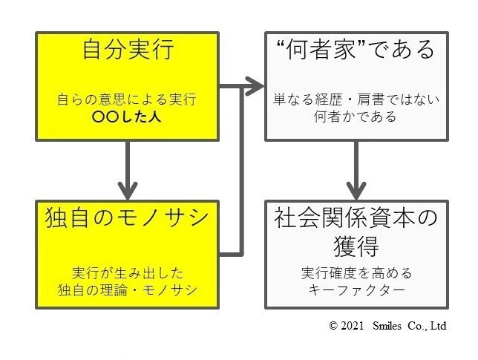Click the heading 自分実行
[128, 50]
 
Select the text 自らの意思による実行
[128, 99]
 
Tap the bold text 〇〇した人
[128, 117]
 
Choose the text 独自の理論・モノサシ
[128, 288]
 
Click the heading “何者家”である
[356, 50]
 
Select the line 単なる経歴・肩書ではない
[357, 99]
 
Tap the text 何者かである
[357, 117]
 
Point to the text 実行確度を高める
[357, 272]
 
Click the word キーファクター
[357, 289]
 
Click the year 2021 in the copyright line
[353, 326]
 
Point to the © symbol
[333, 326]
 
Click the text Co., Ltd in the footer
[428, 326]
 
